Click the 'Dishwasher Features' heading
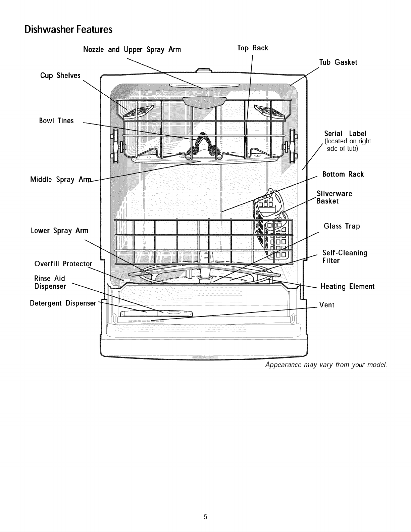pos(68,30)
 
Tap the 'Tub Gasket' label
pos(338,62)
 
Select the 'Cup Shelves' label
pos(60,76)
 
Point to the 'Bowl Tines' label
pos(56,120)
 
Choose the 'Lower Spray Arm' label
pos(59,231)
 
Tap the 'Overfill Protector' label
pos(63,264)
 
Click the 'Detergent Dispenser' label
pos(63,303)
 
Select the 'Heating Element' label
pos(347,286)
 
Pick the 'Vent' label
pos(327,305)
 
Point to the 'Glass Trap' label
pos(342,226)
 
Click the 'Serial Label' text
pos(345,134)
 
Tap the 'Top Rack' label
pos(253,48)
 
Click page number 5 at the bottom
pos(205,517)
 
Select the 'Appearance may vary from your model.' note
pos(326,365)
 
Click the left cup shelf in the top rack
pos(138,112)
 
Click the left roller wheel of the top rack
pos(116,146)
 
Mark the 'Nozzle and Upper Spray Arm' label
pos(132,50)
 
